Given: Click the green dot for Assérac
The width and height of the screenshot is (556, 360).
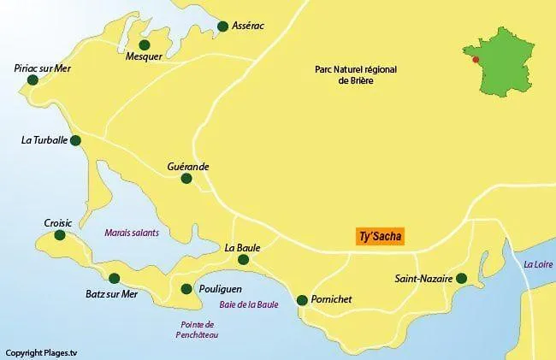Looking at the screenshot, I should (x=223, y=26).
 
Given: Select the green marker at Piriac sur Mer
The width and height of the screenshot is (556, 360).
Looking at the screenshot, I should (x=33, y=80).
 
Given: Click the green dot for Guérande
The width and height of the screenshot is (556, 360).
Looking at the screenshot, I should (x=187, y=181).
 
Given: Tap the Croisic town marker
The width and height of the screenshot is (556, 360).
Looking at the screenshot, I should (x=59, y=235).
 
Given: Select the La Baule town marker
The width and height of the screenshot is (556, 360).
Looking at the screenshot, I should (x=244, y=260).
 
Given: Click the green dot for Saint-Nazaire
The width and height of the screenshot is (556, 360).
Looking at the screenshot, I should (x=461, y=278).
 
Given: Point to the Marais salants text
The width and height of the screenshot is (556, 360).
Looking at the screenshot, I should (x=132, y=232).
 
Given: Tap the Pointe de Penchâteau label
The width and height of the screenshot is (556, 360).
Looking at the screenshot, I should (x=198, y=329).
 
